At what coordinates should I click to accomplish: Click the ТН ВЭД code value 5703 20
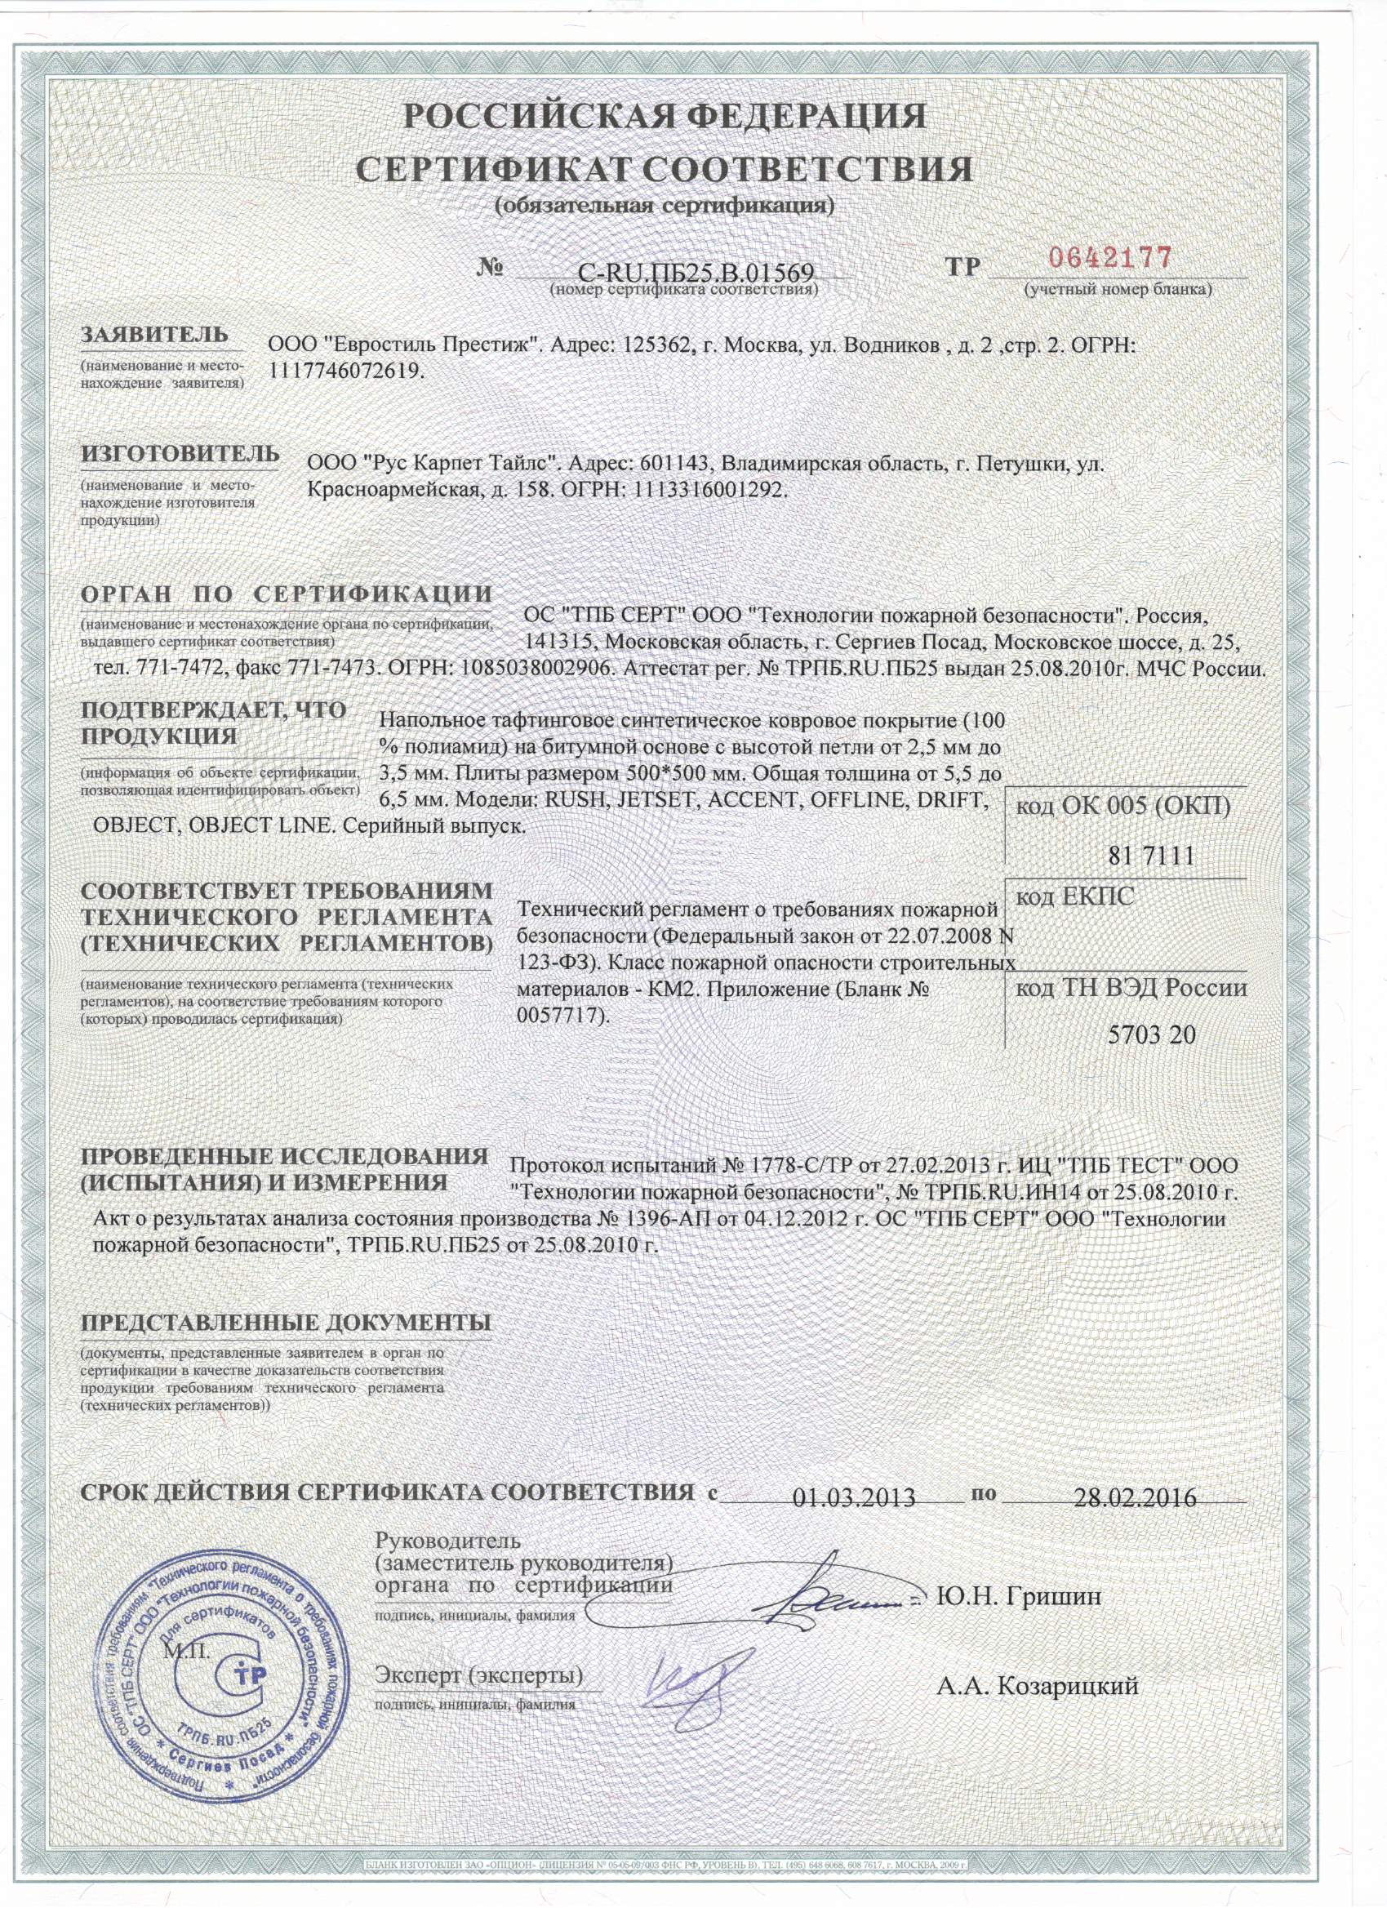[x=1152, y=1034]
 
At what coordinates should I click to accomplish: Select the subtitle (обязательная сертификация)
[x=664, y=206]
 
